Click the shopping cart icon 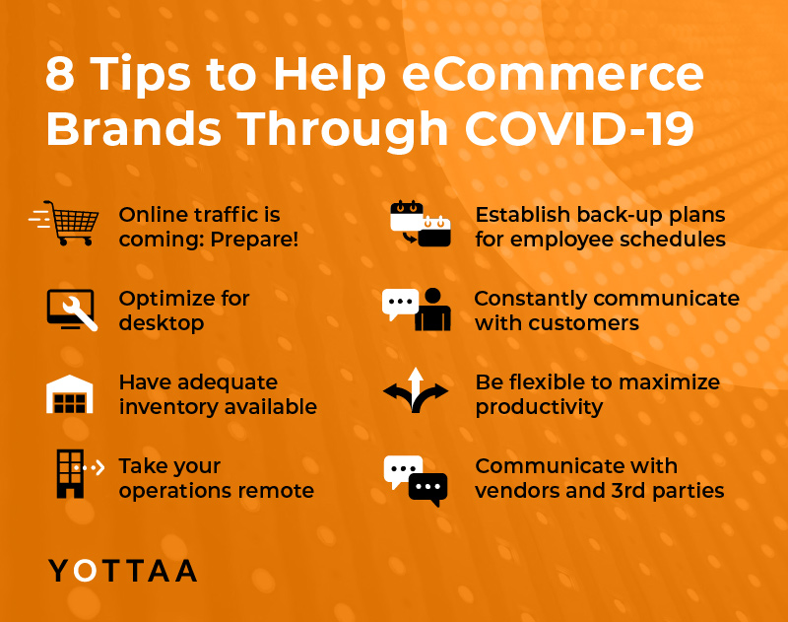click(63, 223)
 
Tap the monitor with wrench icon click(72, 311)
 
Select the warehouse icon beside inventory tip click(70, 394)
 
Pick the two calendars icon click(421, 224)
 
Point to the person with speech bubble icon click(416, 310)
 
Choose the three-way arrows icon click(415, 390)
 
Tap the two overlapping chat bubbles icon click(415, 480)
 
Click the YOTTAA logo click(122, 571)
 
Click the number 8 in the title click(60, 74)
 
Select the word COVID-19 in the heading click(579, 128)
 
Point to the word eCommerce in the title click(553, 74)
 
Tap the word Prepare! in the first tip click(254, 239)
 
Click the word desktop click(162, 322)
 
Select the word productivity click(539, 407)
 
